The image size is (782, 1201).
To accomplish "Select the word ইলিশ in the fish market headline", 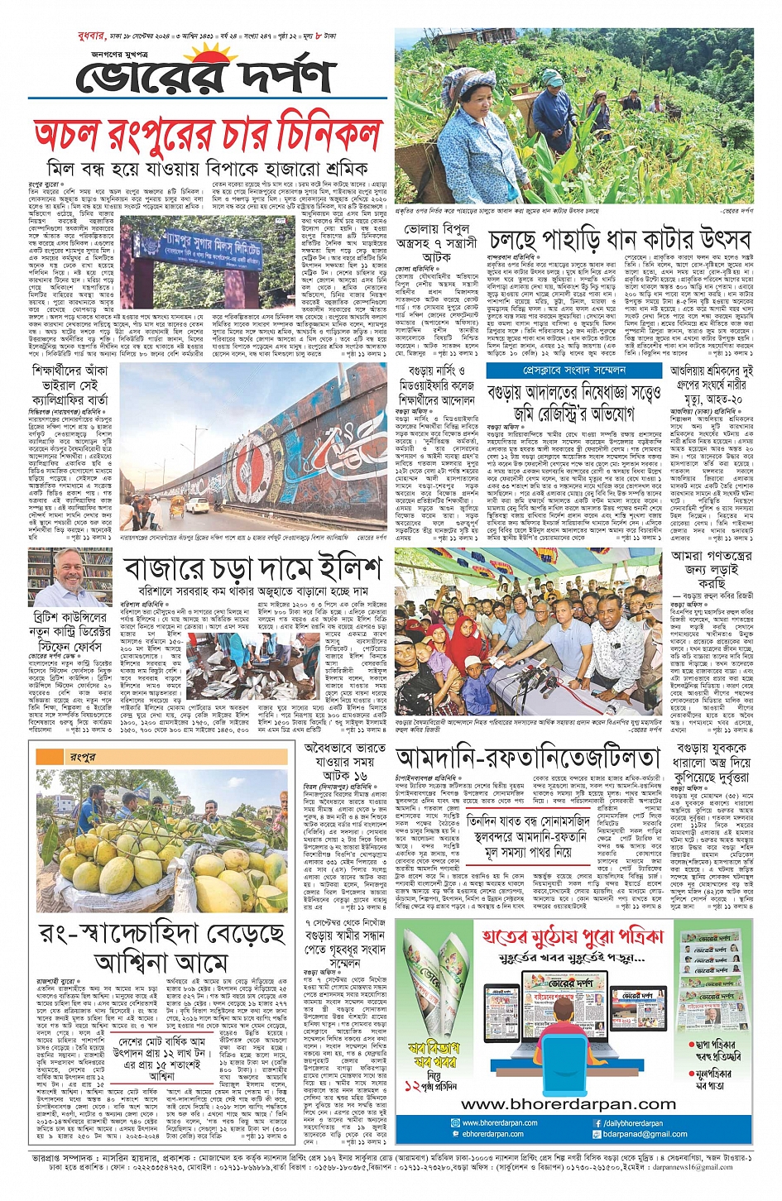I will (x=340, y=569).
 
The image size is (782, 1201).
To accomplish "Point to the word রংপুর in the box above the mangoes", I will (x=83, y=756).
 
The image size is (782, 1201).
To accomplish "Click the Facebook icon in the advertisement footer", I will (x=597, y=1123).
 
